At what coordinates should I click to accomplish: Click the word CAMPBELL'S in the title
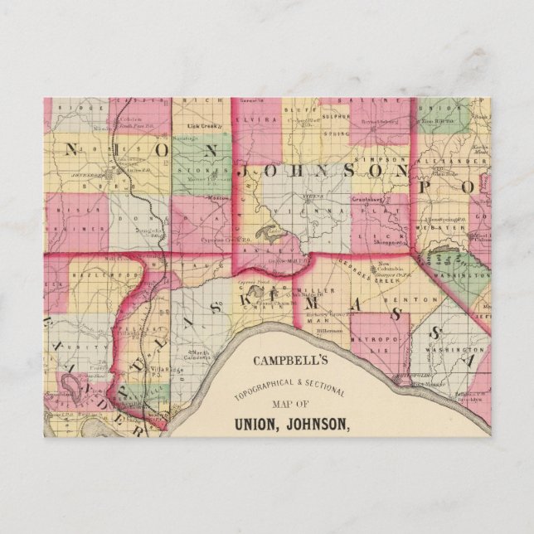296,362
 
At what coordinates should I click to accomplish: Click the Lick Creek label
201,127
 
